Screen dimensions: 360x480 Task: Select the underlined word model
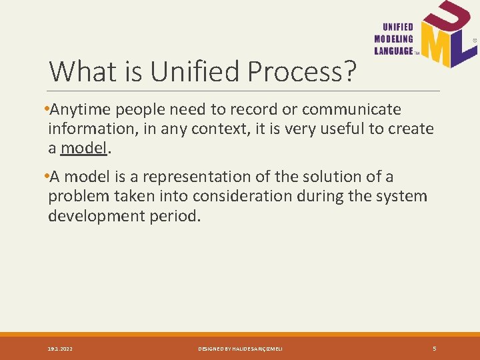(x=83, y=148)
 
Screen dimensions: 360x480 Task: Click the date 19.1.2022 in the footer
(x=61, y=349)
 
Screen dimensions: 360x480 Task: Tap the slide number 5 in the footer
(x=435, y=348)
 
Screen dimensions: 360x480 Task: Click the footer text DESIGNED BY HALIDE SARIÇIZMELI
(x=240, y=349)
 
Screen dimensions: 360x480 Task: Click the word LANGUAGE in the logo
(x=394, y=51)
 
